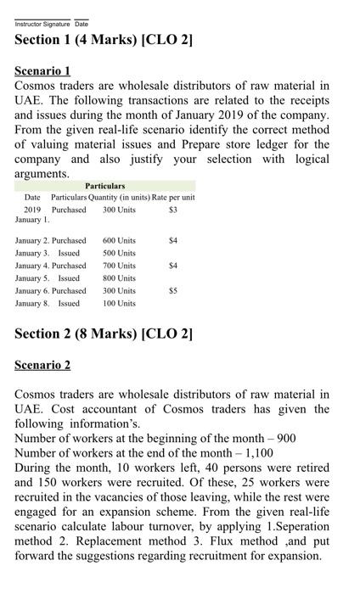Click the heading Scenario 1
click(42, 70)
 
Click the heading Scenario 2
click(42, 365)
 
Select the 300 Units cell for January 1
click(119, 209)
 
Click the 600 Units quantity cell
click(119, 241)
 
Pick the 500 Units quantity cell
click(119, 253)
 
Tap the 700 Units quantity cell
click(119, 266)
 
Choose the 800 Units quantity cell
click(119, 278)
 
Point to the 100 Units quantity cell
click(119, 303)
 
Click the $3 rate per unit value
click(172, 209)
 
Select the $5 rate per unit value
click(172, 290)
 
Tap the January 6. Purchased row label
click(50, 290)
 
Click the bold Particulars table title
click(105, 186)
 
